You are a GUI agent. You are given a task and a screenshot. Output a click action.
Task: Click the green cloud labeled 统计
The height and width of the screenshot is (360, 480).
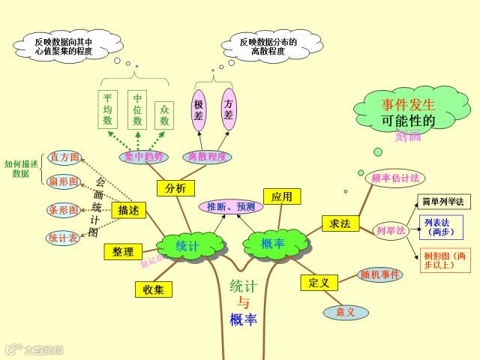(x=188, y=244)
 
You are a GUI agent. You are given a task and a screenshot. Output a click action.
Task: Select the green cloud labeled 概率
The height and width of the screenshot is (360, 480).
(x=274, y=243)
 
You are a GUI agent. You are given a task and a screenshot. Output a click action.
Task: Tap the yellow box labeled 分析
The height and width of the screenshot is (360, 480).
(x=175, y=188)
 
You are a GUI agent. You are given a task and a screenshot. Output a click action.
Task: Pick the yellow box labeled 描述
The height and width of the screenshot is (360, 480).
(x=128, y=210)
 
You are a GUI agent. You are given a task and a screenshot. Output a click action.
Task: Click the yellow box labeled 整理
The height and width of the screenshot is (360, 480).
(x=123, y=252)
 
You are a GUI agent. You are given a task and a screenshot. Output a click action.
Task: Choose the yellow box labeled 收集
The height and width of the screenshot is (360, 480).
(x=154, y=289)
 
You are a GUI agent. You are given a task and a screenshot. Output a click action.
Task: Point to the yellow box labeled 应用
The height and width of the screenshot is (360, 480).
(x=282, y=196)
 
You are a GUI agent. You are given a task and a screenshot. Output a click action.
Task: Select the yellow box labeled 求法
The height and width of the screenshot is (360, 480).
(x=340, y=223)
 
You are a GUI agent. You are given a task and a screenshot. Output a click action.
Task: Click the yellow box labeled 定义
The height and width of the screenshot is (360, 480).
(x=319, y=283)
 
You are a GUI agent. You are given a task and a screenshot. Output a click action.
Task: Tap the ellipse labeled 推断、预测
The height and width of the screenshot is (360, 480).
(x=231, y=206)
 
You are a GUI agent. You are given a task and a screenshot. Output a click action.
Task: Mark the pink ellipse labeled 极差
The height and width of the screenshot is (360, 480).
(x=199, y=110)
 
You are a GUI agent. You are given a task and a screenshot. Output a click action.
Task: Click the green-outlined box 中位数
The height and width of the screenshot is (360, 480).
(x=138, y=109)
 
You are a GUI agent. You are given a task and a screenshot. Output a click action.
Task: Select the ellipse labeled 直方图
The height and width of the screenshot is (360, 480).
(x=64, y=157)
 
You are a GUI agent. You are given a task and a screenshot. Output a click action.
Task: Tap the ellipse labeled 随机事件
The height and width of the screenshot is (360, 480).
(x=380, y=274)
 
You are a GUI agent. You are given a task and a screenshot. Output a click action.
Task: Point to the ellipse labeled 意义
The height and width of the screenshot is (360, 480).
(x=346, y=312)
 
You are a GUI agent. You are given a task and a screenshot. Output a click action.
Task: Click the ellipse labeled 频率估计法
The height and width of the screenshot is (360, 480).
(x=395, y=178)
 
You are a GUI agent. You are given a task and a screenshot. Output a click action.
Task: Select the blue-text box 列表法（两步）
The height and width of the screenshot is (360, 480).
(x=440, y=227)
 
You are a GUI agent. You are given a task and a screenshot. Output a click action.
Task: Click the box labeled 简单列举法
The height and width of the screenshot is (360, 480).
(x=443, y=202)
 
